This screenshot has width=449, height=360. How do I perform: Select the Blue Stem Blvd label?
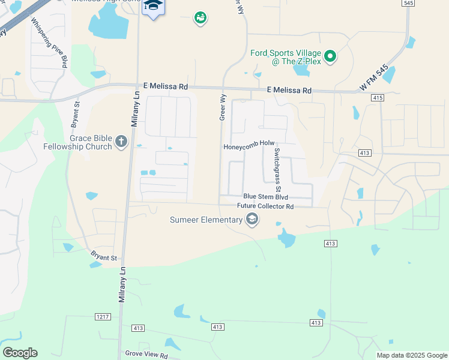265,197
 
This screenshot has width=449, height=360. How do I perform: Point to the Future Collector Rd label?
265,206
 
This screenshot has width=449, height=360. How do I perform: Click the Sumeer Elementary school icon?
252,220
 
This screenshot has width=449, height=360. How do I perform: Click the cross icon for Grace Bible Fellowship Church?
121,142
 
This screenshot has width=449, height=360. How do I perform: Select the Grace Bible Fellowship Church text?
77,142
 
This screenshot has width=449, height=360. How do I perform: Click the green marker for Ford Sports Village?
330,58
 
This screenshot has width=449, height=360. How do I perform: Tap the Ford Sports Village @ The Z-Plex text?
285,58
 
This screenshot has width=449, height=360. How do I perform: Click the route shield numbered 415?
377,97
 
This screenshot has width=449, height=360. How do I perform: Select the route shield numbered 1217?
103,316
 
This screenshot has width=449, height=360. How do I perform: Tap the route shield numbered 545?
408,3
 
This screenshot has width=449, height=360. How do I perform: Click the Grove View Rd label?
146,355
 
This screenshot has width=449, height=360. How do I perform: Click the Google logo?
20,353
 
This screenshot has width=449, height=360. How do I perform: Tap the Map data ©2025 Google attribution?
411,355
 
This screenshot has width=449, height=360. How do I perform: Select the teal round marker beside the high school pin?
200,19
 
